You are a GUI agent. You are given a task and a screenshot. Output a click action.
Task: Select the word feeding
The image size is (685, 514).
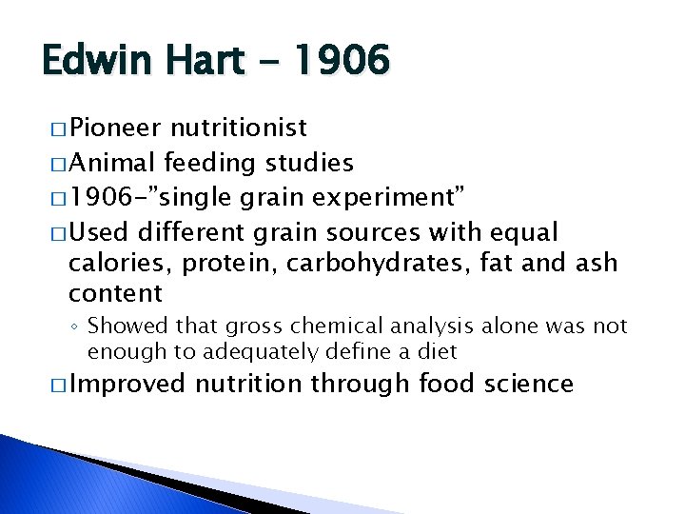tap(210, 164)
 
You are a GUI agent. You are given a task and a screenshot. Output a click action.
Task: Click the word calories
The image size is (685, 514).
tap(113, 262)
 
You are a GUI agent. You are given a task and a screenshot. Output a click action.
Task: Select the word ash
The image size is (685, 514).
tap(597, 262)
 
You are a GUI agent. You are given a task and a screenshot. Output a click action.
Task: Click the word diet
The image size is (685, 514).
tap(438, 351)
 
